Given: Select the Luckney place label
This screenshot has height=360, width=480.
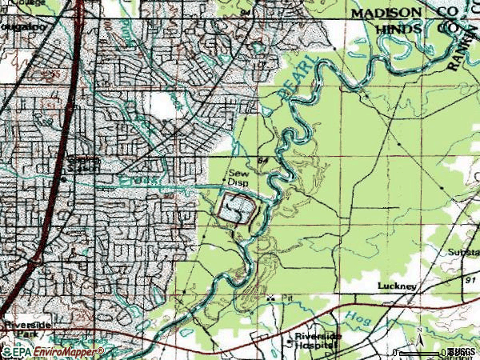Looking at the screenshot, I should [x=398, y=286].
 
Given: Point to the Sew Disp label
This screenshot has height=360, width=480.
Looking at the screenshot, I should [x=239, y=178].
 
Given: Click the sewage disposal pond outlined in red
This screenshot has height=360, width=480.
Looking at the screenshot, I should [x=238, y=211].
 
